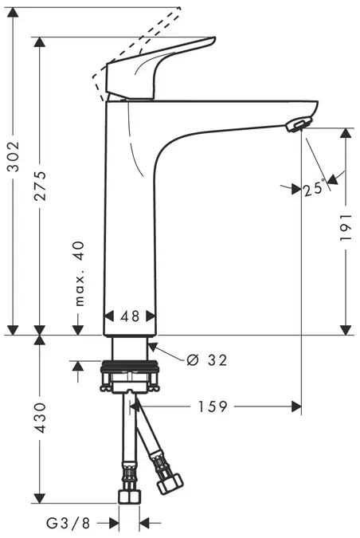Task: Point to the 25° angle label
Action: point(312,190)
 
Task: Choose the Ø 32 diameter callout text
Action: point(206,360)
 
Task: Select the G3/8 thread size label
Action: point(69,524)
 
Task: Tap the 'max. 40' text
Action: point(79,273)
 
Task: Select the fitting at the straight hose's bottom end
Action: point(129,497)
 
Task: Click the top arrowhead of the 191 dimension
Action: point(345,133)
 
